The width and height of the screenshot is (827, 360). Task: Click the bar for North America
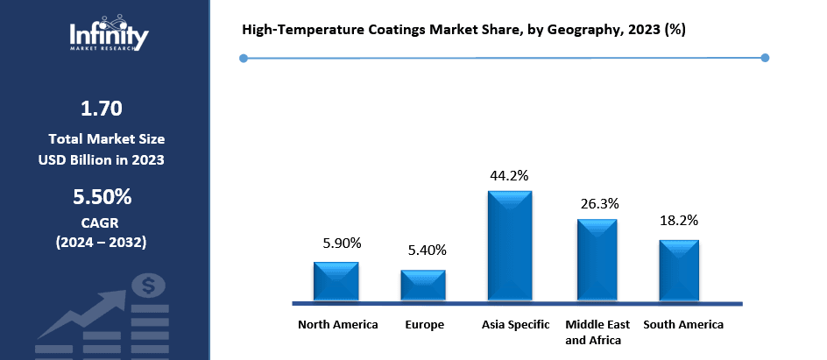[x=336, y=281]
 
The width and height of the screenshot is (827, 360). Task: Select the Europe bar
[x=423, y=286]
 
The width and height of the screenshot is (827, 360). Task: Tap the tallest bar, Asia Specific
[x=510, y=246]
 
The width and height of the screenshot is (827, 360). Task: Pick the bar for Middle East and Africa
[x=597, y=260]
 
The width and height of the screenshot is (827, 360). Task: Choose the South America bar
[x=679, y=271]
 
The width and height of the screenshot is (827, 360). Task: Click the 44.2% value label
[x=509, y=176]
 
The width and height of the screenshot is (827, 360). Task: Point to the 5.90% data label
[x=336, y=243]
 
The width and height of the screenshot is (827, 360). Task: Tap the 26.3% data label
[x=599, y=203]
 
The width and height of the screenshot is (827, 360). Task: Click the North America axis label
[x=338, y=325]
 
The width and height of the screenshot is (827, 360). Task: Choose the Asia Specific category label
[x=516, y=325]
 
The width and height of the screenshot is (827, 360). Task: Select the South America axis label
[x=683, y=325]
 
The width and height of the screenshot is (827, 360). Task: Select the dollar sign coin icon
[x=148, y=286]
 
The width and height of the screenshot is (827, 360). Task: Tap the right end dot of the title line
[x=765, y=58]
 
